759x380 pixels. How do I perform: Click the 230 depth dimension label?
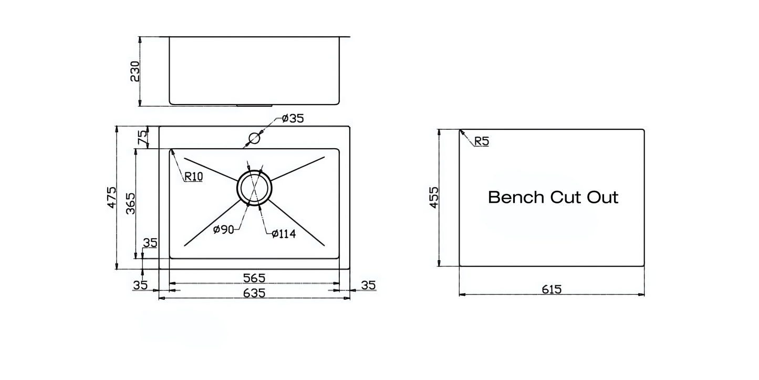coord(135,71)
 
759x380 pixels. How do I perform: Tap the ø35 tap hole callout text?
coord(293,119)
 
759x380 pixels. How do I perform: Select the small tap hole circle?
coord(254,138)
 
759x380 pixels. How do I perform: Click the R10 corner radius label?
coord(193,176)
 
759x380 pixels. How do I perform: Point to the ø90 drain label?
coord(223,230)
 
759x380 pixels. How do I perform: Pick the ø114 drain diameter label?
coord(284,233)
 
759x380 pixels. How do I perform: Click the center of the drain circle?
coord(254,188)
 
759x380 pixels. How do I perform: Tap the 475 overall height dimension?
coord(111,197)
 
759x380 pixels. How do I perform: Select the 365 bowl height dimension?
coord(130,203)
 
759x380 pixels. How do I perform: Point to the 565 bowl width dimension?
coord(254,278)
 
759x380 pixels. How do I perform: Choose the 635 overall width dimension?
coord(254,293)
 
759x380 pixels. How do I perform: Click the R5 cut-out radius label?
coord(482,141)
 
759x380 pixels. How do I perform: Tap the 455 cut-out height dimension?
coord(434,197)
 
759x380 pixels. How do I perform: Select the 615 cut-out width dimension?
coord(552,289)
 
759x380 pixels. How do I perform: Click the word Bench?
coord(516,197)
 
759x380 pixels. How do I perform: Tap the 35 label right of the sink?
coord(368,285)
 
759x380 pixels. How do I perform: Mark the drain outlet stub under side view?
coord(254,106)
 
